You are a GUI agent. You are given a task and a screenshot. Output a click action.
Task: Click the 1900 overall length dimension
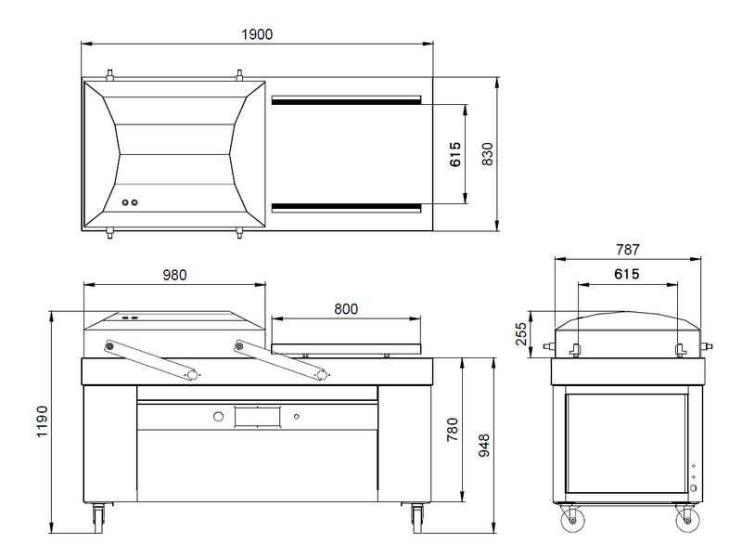257,34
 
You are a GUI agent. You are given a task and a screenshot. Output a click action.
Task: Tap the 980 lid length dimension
174,275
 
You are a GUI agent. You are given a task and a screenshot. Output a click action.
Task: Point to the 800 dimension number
345,309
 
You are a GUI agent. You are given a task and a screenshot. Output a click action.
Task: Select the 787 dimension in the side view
628,249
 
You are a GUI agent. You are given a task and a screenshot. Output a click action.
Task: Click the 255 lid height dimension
521,333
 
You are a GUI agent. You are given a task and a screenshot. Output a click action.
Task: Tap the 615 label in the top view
454,154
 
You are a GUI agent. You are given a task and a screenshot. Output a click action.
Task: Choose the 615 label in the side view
627,275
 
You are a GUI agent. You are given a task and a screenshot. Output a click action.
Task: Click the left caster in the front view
97,516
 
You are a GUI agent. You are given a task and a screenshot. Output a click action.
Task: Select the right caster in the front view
416,516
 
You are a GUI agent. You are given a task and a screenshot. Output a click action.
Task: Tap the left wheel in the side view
570,521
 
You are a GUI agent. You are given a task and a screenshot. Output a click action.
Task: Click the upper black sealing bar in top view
347,99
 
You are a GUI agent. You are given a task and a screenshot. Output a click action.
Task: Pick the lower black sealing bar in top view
347,206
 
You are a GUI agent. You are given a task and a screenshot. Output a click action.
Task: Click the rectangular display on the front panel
257,417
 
